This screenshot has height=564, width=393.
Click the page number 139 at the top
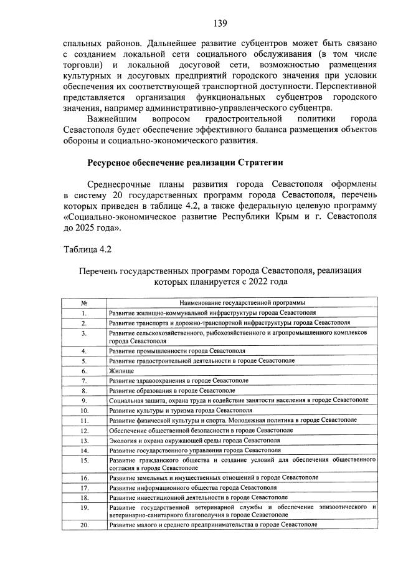[x=220, y=24]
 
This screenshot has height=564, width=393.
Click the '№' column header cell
[x=84, y=302]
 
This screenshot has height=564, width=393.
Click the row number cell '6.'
[x=84, y=370]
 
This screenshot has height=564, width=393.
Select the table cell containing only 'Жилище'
[x=121, y=370]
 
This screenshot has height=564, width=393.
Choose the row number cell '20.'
[x=84, y=525]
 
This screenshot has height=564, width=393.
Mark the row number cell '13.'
[x=84, y=440]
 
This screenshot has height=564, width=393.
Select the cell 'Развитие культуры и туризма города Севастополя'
[x=181, y=411]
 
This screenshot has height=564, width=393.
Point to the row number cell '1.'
[x=84, y=312]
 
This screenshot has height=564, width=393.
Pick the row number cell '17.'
[x=84, y=487]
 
